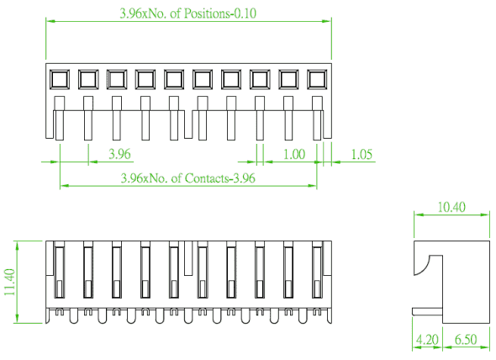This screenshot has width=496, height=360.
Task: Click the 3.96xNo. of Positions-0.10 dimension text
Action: (x=188, y=13)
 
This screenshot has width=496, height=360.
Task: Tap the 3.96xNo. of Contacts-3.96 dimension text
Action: (x=188, y=178)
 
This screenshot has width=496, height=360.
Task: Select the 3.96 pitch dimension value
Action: (x=119, y=154)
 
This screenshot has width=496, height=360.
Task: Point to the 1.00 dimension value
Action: (x=294, y=154)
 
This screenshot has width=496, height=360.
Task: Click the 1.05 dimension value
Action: (x=361, y=154)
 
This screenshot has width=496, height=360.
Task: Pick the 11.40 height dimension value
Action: (x=10, y=282)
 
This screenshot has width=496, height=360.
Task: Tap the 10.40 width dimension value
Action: (x=451, y=207)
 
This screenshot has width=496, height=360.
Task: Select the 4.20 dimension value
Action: (x=427, y=340)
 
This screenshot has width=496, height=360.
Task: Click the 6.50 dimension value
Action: (x=466, y=340)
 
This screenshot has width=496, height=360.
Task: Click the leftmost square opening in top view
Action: (x=60, y=79)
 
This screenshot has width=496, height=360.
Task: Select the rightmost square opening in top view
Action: (x=317, y=79)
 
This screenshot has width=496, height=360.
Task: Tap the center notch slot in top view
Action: (x=188, y=124)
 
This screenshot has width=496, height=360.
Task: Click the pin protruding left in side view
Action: (x=427, y=311)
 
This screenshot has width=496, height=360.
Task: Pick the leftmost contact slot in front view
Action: (x=60, y=273)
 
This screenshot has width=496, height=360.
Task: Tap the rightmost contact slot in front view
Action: (x=317, y=273)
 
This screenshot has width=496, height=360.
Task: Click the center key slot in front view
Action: (x=188, y=258)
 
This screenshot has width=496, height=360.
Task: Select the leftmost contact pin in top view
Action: (x=60, y=118)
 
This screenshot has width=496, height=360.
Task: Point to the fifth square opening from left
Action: (x=174, y=79)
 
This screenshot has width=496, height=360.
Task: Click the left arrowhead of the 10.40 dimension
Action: (x=419, y=214)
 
